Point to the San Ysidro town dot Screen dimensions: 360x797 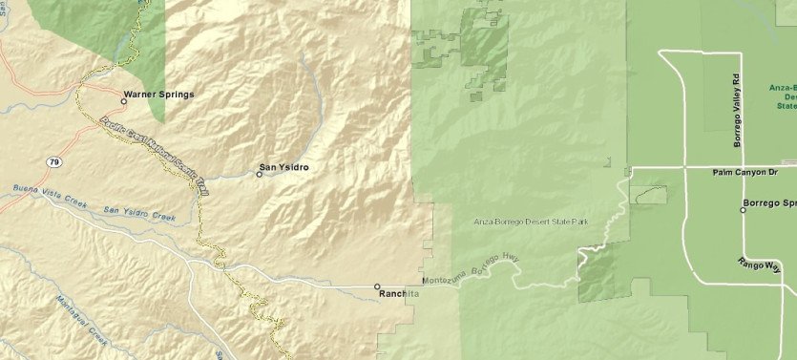click(259, 175)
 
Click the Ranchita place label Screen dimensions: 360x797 click(400, 293)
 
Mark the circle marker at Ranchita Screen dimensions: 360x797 click(377, 286)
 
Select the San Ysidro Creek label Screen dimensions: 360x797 click(139, 213)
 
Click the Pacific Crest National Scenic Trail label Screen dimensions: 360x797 click(153, 157)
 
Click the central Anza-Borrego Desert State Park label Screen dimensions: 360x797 click(530, 222)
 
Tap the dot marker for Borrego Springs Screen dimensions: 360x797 click(743, 208)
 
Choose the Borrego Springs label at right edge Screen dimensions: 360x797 click(774, 204)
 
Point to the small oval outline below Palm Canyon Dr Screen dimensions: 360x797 click(650, 195)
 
